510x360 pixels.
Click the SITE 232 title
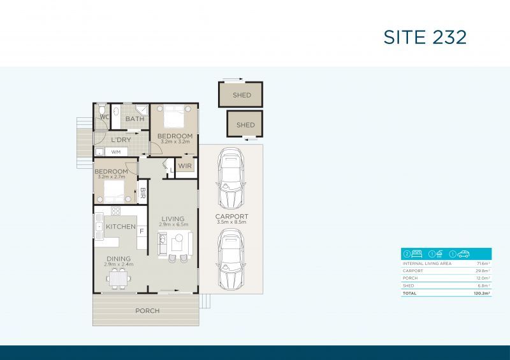click(425, 36)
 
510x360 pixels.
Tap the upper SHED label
click(241, 96)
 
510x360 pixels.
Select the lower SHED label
click(245, 125)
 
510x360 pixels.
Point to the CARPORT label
click(231, 217)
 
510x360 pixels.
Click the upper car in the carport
click(230, 179)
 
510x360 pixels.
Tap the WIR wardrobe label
click(185, 166)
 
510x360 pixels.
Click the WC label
click(104, 117)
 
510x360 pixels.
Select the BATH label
click(135, 119)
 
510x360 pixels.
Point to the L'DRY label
click(121, 140)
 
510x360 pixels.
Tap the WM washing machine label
click(116, 152)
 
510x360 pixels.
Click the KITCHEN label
click(120, 227)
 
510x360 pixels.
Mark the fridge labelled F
click(142, 231)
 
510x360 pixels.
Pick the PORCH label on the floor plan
click(147, 311)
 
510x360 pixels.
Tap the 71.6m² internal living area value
click(482, 263)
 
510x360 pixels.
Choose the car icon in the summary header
click(463, 254)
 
